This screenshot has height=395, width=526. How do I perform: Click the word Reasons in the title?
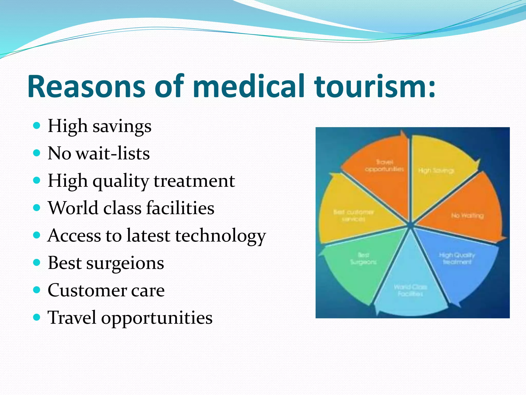86,86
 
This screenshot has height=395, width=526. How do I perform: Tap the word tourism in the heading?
370,86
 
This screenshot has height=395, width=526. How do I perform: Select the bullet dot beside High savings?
37,126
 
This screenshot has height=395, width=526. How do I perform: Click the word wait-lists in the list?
113,154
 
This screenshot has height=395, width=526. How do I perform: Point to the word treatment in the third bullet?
194,181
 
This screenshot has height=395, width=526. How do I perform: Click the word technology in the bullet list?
220,236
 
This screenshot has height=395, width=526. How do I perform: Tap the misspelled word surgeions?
125,263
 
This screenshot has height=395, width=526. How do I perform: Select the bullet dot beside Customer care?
37,290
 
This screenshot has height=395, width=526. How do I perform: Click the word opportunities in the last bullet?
157,318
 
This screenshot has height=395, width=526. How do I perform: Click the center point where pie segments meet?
410,225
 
